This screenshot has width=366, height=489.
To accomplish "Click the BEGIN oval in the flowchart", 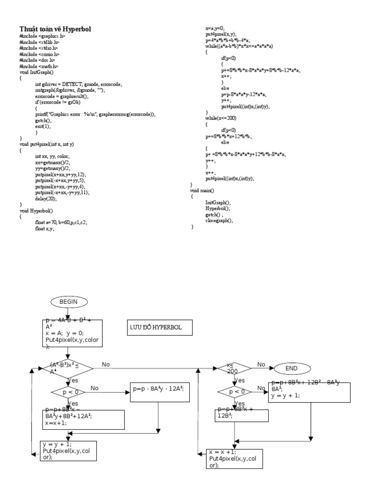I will point(68,301).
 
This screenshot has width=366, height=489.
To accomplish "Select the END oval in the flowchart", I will point(291,368).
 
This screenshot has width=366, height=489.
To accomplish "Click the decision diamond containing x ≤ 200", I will point(234,368).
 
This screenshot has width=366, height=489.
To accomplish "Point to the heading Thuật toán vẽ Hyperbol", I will point(55,30).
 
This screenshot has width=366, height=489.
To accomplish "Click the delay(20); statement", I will point(45,198).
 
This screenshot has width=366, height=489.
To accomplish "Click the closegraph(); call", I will point(219,221).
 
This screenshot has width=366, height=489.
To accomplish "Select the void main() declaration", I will point(204,190).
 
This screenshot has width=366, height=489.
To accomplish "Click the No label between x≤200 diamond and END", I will point(261,364).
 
